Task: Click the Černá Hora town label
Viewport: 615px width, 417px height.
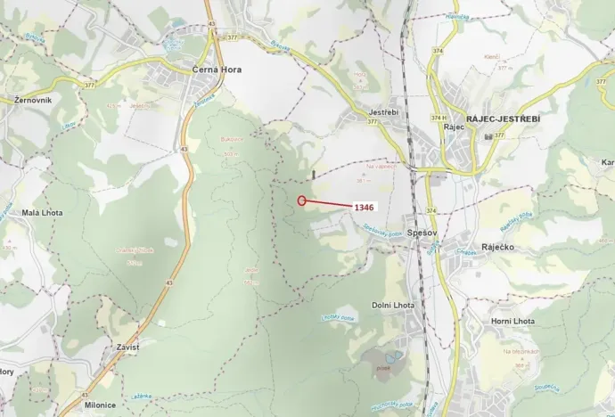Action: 217,69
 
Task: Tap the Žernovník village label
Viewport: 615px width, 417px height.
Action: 32,100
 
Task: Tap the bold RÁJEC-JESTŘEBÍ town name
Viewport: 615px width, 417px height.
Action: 504,118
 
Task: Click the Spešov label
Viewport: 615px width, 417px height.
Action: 419,231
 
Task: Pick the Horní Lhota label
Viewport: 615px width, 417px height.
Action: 512,321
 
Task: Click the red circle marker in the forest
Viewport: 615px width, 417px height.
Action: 302,200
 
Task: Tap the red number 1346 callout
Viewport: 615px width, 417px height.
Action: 364,207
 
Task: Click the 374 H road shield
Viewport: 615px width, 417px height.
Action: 438,118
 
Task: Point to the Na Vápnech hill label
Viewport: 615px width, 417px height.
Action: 381,166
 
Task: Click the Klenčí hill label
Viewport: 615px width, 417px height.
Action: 492,56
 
